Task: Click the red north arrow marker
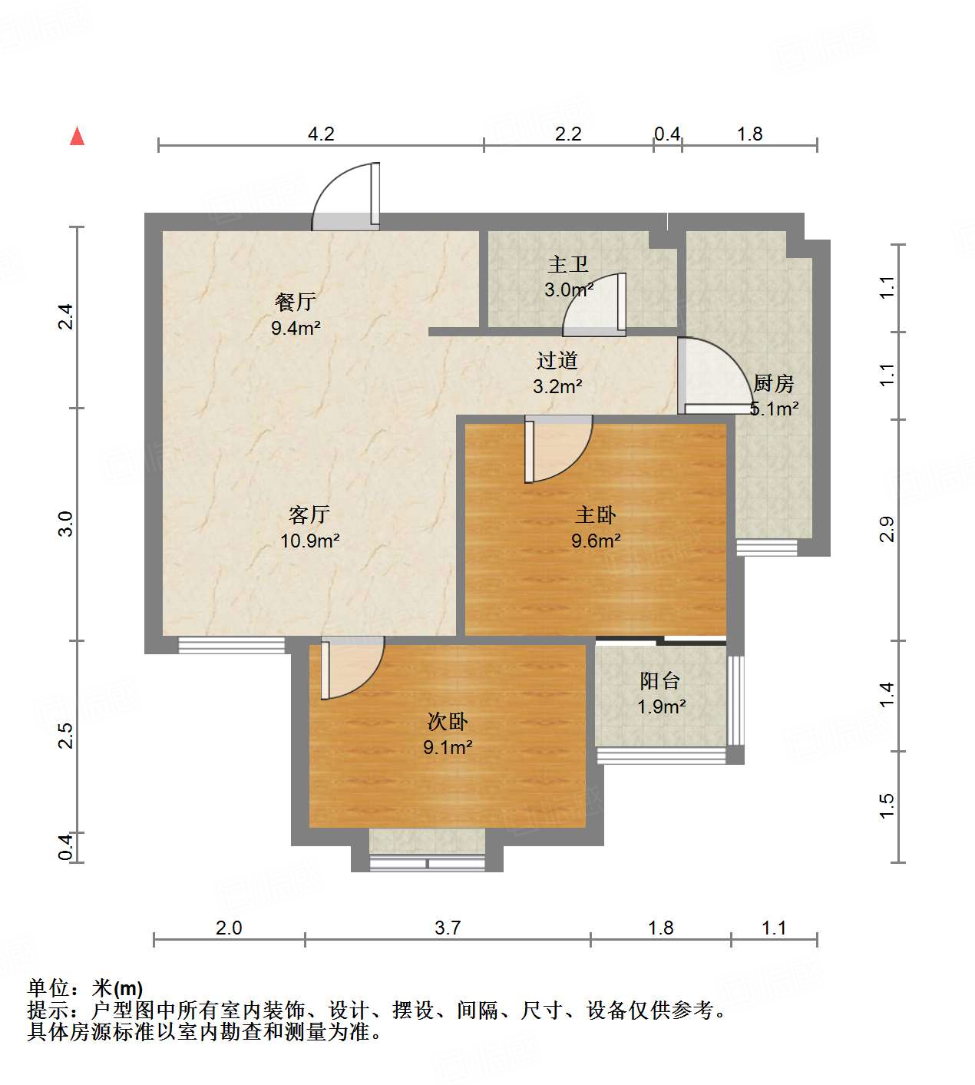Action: click(x=77, y=136)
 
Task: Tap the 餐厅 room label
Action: click(x=295, y=302)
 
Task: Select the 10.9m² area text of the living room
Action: click(x=309, y=541)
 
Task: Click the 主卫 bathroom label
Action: click(x=568, y=265)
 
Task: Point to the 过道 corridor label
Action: click(x=557, y=360)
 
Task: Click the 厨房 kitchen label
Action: click(x=772, y=382)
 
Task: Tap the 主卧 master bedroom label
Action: click(x=595, y=514)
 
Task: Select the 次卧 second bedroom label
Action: click(x=447, y=721)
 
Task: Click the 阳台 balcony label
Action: click(x=660, y=680)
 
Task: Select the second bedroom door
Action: click(x=351, y=668)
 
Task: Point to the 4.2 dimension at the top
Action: click(x=321, y=134)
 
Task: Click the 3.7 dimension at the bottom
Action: click(x=448, y=928)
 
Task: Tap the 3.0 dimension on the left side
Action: click(x=66, y=524)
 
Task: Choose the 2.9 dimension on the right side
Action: click(x=887, y=530)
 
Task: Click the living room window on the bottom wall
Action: click(x=231, y=645)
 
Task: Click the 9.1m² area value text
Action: click(x=448, y=746)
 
